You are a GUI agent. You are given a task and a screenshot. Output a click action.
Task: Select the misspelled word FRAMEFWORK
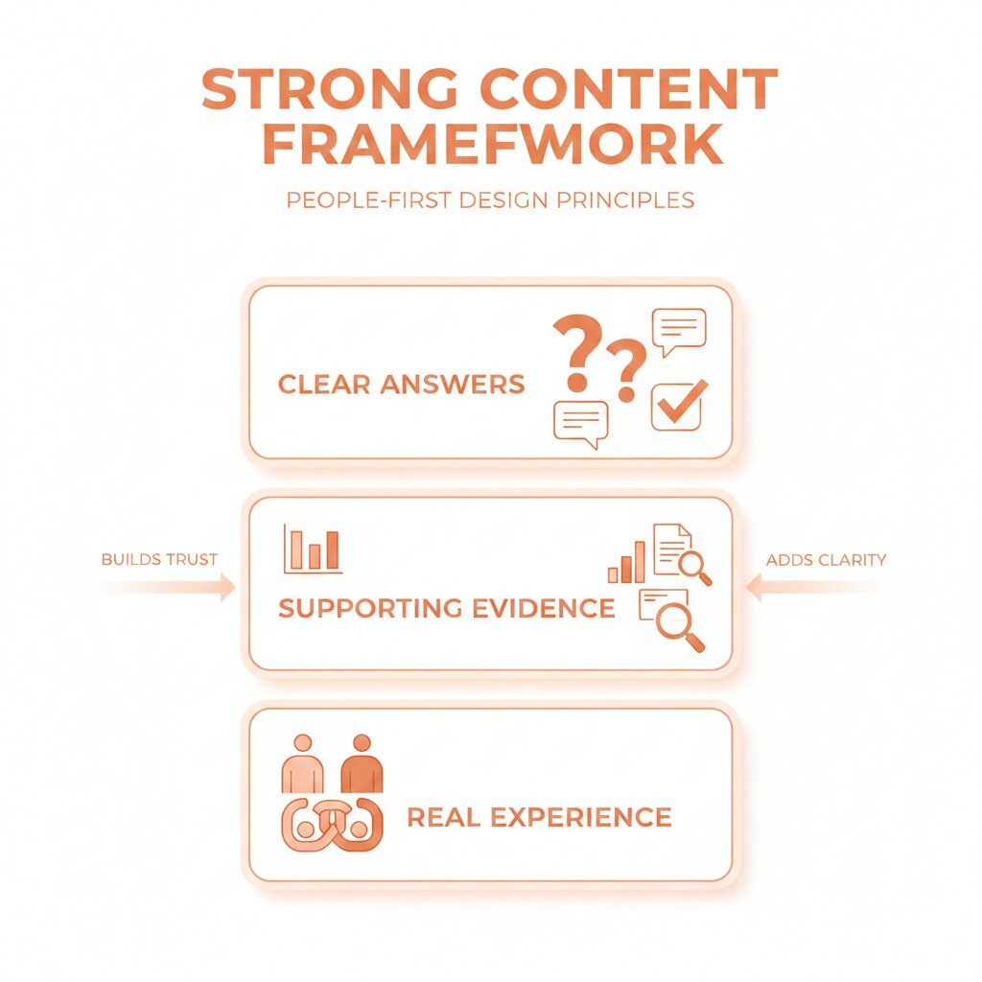pos(491,145)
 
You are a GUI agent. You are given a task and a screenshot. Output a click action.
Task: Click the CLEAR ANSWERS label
pos(401,386)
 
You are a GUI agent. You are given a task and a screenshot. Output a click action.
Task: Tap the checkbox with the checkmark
pos(677,406)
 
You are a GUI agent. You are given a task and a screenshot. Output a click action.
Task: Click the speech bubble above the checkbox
pos(678,330)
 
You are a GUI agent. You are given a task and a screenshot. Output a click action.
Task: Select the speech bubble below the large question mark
pos(581,423)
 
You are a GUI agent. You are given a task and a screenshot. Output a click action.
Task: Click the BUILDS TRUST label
pos(159,559)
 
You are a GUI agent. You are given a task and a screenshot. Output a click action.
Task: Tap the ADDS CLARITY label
pos(826,559)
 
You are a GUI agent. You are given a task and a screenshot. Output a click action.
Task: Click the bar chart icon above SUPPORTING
pos(313,549)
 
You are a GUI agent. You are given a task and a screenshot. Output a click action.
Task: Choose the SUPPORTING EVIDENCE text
pos(446,608)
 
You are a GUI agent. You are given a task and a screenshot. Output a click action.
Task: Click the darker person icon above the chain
pos(362,763)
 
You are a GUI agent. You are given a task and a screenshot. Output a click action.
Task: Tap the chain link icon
pos(332,822)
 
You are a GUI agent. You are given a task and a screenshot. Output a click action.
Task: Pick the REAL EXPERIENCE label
pos(539,818)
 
